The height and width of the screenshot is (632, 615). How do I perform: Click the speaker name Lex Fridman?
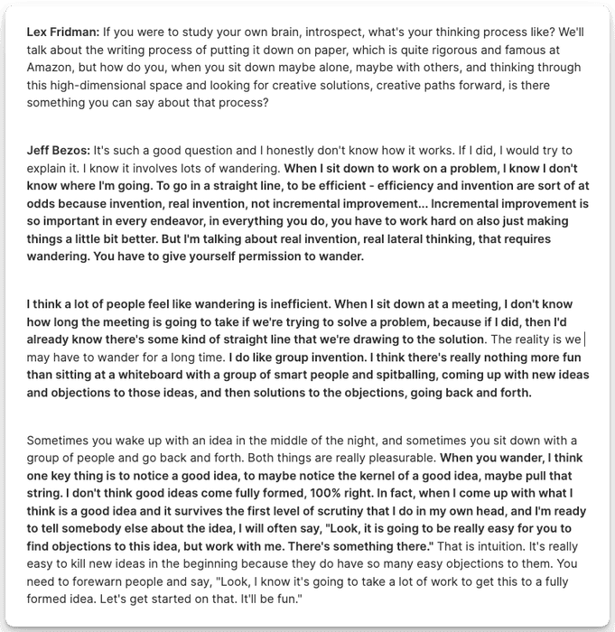61,30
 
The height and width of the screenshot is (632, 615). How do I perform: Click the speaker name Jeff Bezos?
58,149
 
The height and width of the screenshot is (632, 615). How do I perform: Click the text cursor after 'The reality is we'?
585,339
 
